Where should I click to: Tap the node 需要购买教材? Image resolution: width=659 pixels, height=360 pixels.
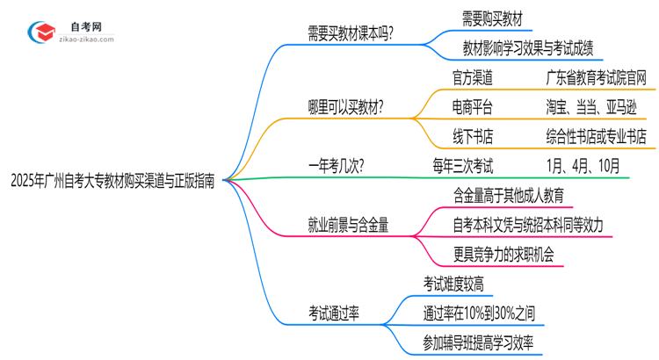pos(496,18)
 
